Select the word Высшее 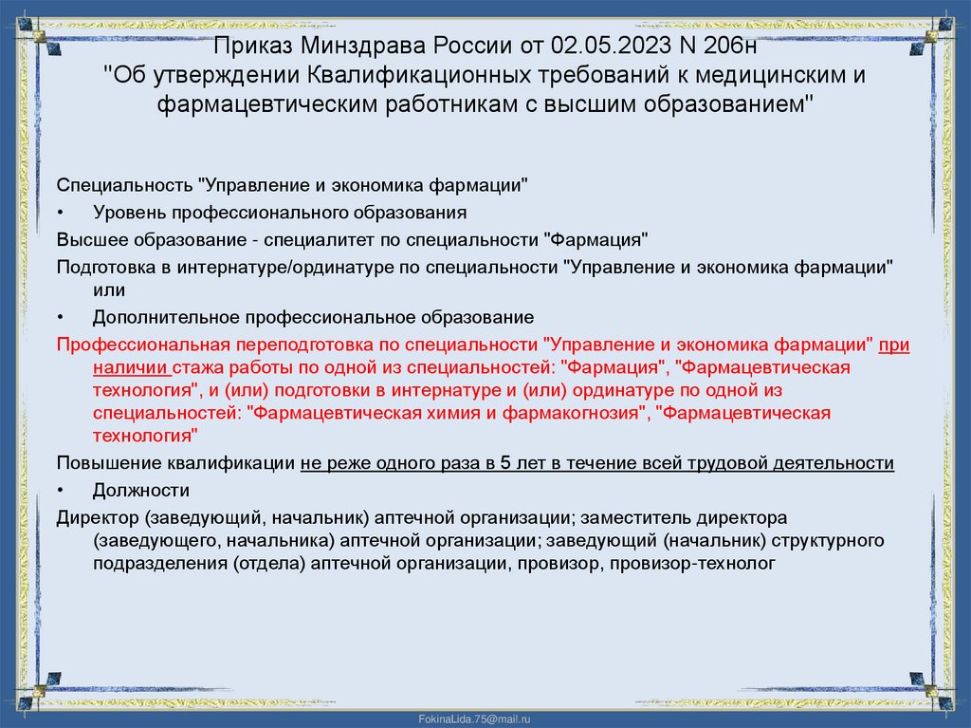[x=90, y=238]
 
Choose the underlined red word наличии [x=132, y=366]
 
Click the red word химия [x=461, y=413]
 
